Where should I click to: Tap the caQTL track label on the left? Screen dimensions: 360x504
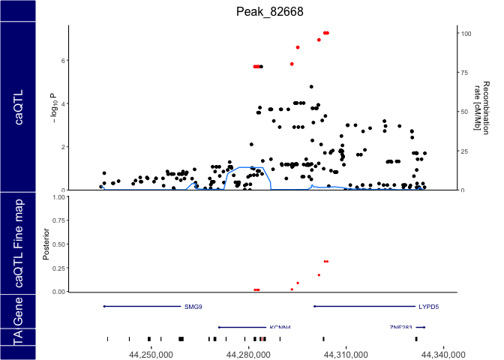pyautogui.click(x=18, y=107)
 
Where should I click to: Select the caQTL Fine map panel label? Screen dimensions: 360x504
pyautogui.click(x=18, y=244)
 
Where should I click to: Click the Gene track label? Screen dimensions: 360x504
pyautogui.click(x=18, y=311)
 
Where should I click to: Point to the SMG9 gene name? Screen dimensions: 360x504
pyautogui.click(x=193, y=307)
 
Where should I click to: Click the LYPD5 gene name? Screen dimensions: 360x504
pyautogui.click(x=430, y=307)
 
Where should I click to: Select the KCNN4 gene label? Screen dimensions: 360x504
pyautogui.click(x=280, y=328)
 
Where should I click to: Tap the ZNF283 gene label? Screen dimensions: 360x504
pyautogui.click(x=401, y=328)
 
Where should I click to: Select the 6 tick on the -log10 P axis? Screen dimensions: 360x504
pyautogui.click(x=64, y=61)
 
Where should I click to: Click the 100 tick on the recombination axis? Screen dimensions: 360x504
pyautogui.click(x=466, y=34)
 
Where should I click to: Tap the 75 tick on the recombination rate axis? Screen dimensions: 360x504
pyautogui.click(x=465, y=73)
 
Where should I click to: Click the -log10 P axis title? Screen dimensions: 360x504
pyautogui.click(x=52, y=107)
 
